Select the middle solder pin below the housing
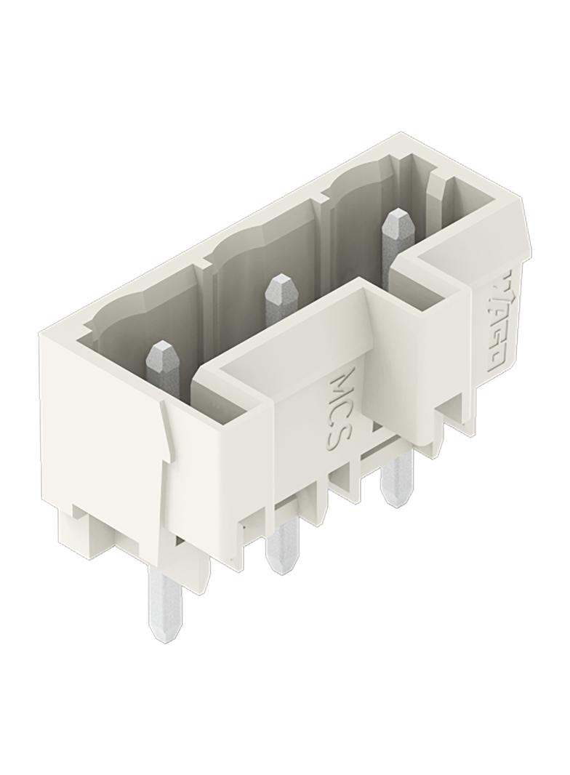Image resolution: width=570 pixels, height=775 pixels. (x=282, y=544)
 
